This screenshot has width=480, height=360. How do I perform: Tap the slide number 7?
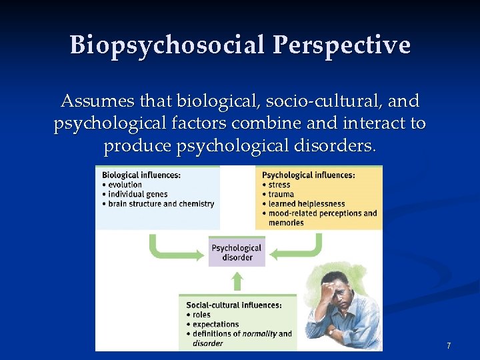[x=449, y=345]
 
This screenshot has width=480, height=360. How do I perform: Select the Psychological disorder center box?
[x=237, y=252]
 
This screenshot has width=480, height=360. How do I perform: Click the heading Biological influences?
[x=141, y=175]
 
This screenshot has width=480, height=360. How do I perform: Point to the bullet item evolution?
[x=125, y=185]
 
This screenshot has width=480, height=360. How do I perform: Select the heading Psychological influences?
[x=308, y=175]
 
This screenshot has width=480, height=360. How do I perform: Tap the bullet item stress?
[x=280, y=185]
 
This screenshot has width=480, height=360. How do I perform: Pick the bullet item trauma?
[x=281, y=194]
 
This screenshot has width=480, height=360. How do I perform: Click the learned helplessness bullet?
[x=306, y=204]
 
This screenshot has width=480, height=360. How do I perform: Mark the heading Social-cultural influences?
[x=233, y=305]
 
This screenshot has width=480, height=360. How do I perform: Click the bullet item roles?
[x=201, y=315]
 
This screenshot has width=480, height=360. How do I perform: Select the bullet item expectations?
[x=215, y=324]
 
